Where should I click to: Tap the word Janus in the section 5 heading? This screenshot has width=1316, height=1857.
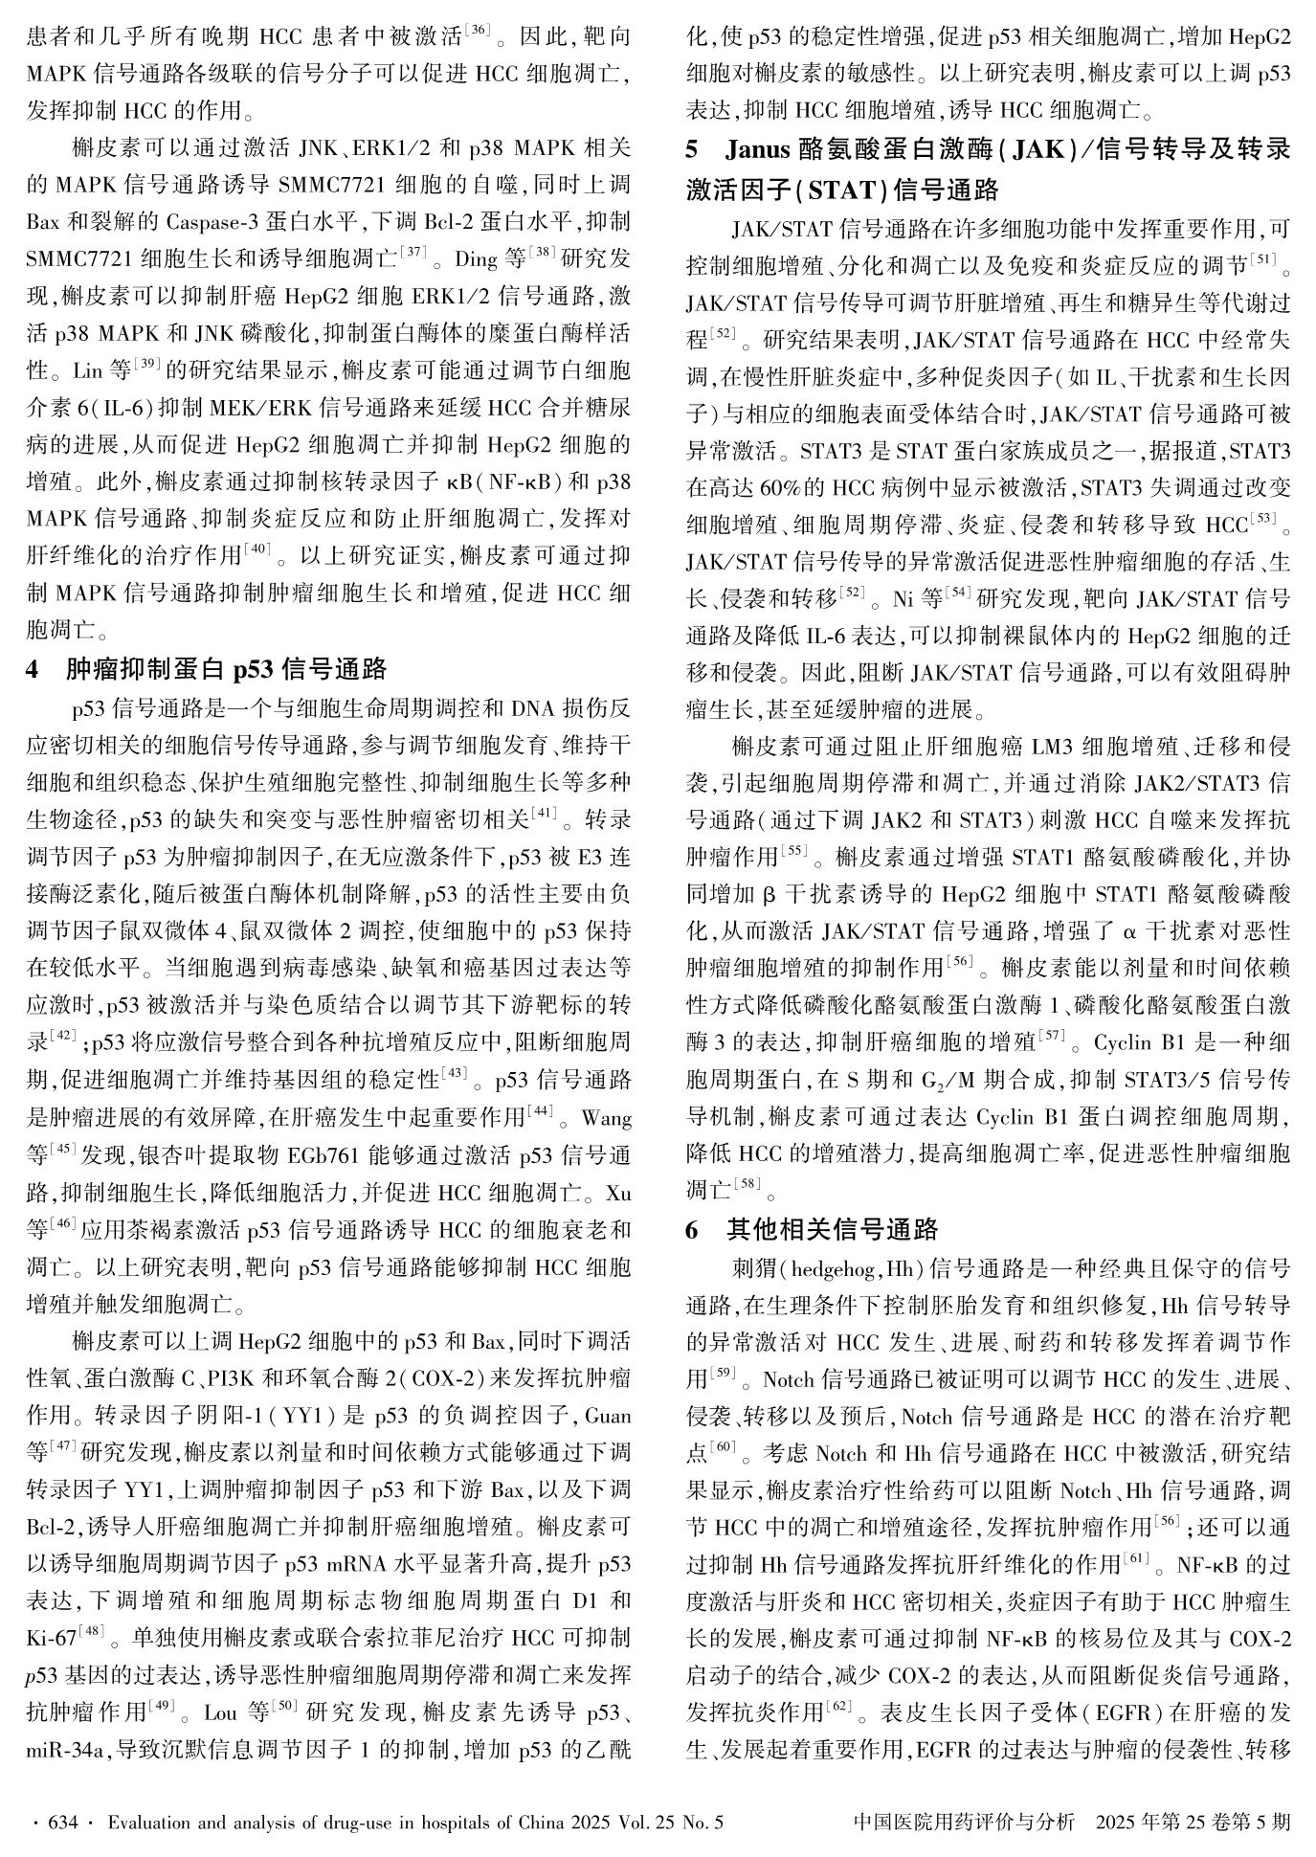pos(757,151)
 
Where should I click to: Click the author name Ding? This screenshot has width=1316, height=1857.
pos(476,259)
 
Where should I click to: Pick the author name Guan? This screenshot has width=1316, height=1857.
pos(607,1415)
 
